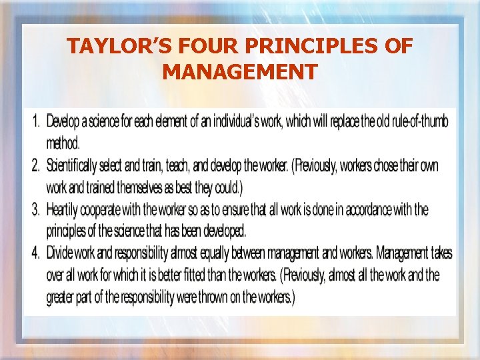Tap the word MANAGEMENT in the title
point(239,71)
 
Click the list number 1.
point(36,122)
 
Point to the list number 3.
point(36,210)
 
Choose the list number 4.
point(36,253)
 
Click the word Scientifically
point(79,166)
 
